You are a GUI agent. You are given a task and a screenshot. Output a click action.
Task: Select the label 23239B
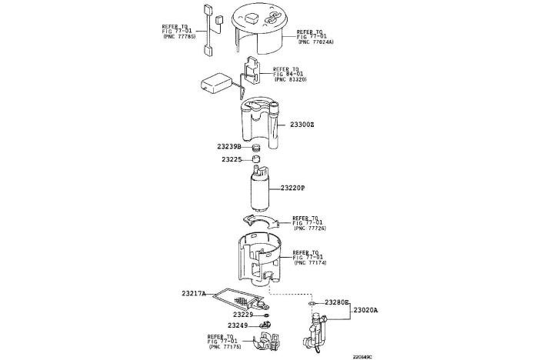click(228, 146)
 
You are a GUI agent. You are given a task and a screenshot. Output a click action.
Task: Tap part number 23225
click(232, 160)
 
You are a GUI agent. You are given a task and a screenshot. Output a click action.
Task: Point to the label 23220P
click(292, 188)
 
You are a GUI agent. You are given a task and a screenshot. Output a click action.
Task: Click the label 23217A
click(194, 294)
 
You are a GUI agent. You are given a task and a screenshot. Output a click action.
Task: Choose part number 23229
click(243, 315)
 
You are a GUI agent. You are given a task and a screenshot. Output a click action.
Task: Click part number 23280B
click(337, 303)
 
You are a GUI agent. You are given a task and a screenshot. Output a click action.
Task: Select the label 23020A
click(366, 310)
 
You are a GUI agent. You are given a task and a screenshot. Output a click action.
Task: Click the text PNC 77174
click(310, 263)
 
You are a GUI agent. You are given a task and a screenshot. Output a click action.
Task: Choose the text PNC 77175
click(225, 348)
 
